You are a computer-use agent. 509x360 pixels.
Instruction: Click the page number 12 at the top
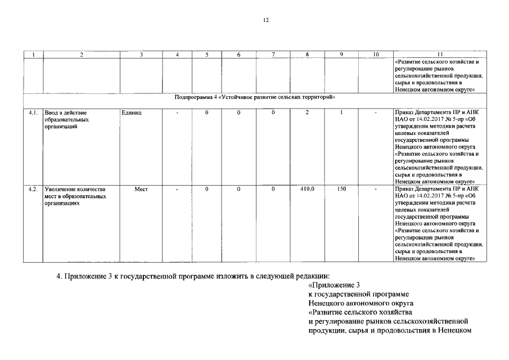click(x=265, y=20)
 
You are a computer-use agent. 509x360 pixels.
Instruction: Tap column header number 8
click(x=307, y=55)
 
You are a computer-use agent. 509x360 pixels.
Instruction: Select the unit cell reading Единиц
click(x=132, y=113)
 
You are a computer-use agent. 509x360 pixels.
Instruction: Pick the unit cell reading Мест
click(x=141, y=189)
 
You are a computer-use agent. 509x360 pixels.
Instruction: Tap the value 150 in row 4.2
click(x=341, y=189)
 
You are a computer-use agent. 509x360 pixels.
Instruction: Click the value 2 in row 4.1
click(x=307, y=113)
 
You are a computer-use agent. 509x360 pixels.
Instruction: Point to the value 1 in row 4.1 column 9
click(x=341, y=113)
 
